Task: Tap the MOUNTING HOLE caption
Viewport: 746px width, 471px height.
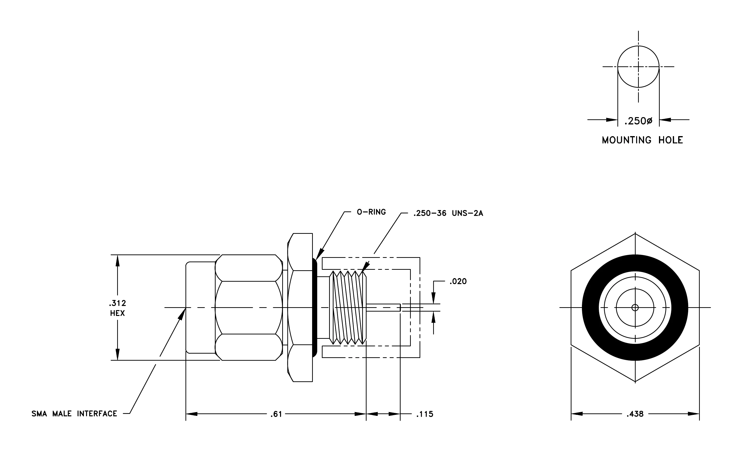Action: tap(642, 140)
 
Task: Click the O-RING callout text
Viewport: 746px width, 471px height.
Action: tap(371, 212)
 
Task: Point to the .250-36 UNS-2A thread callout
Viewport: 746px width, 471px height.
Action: tap(448, 213)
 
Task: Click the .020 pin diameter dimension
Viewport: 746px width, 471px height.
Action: tap(458, 281)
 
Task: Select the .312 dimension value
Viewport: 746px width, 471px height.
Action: tap(117, 303)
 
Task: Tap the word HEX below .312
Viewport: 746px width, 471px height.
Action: tap(117, 313)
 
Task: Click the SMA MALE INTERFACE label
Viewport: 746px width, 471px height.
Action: tap(74, 414)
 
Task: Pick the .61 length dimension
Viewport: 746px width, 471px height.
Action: tap(276, 414)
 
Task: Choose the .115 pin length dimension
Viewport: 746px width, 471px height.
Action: tap(424, 414)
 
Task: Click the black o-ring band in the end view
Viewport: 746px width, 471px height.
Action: tap(590, 307)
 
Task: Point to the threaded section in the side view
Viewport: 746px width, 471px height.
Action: tap(348, 307)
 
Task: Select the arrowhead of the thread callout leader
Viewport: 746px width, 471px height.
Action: tap(366, 265)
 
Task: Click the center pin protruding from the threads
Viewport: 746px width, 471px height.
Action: tap(384, 307)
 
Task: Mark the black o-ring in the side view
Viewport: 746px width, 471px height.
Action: tap(315, 307)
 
